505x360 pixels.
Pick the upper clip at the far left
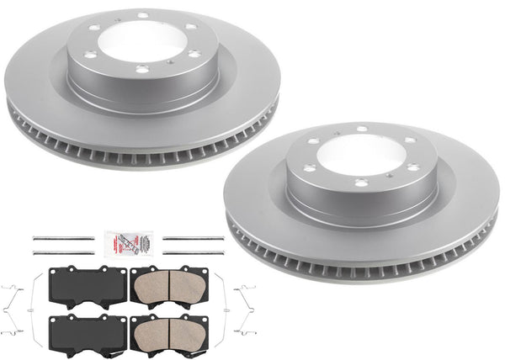[11, 290]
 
